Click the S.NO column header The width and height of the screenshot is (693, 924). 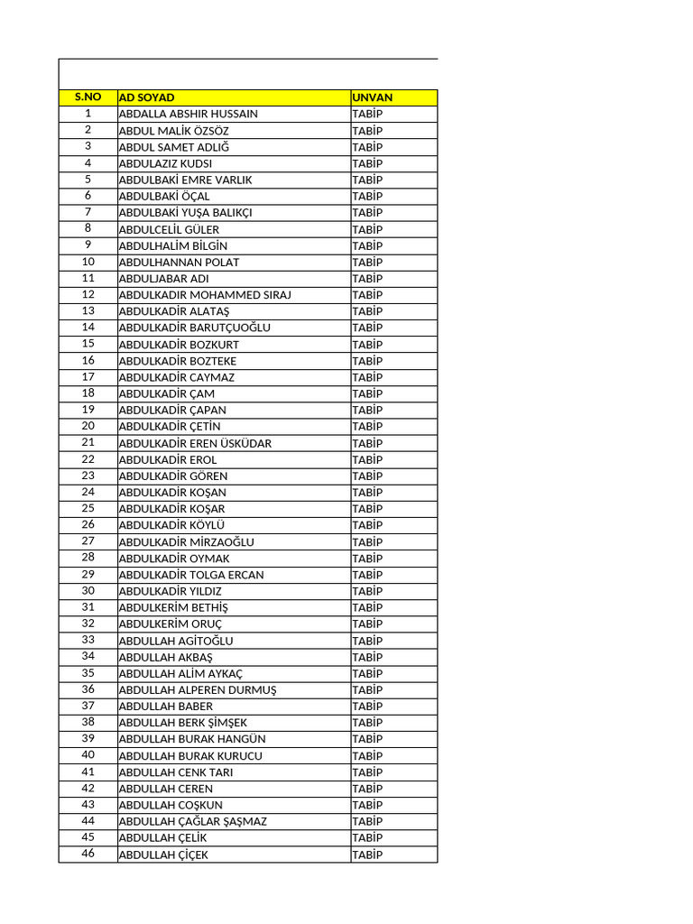(x=88, y=97)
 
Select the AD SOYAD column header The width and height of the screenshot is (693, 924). (x=147, y=97)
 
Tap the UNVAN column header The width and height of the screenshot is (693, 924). (x=373, y=97)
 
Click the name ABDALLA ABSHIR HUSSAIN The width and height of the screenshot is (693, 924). (x=189, y=114)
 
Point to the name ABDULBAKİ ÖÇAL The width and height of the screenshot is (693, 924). (x=164, y=196)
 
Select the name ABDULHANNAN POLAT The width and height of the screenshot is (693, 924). (x=180, y=262)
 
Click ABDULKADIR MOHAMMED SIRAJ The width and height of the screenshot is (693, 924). (x=205, y=295)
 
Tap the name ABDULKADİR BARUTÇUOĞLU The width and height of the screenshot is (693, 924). (x=195, y=328)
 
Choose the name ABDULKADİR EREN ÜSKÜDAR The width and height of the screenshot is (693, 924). (x=195, y=443)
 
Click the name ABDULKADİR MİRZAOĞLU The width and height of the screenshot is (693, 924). (x=187, y=541)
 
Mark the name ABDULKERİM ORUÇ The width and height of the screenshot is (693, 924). (x=171, y=624)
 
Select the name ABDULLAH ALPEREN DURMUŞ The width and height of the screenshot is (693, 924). (x=198, y=689)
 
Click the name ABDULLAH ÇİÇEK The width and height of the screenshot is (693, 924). (x=163, y=855)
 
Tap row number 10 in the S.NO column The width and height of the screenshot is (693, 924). (x=88, y=262)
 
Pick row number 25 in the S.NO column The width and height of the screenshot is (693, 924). (x=88, y=509)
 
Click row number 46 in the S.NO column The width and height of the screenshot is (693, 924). (x=88, y=854)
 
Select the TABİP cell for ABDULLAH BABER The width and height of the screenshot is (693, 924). (x=367, y=706)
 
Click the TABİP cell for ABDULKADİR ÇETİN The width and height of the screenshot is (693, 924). (x=367, y=426)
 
